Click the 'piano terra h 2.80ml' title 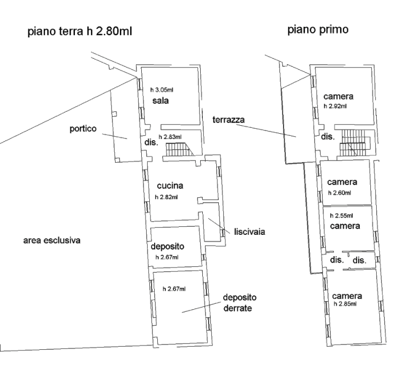80,32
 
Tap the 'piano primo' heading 318,29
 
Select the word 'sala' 161,101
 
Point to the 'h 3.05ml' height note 162,90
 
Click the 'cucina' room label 170,186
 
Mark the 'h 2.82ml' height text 166,197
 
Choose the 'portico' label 83,129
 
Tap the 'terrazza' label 229,120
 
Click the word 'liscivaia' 249,232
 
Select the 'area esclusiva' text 52,240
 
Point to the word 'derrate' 238,308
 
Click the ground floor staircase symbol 180,149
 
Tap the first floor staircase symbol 354,142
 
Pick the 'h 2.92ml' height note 335,106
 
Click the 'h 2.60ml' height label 339,193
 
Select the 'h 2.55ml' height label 341,216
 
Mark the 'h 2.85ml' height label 345,304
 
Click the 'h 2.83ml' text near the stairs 170,137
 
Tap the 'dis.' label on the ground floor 151,142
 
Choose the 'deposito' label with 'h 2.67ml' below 167,247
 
